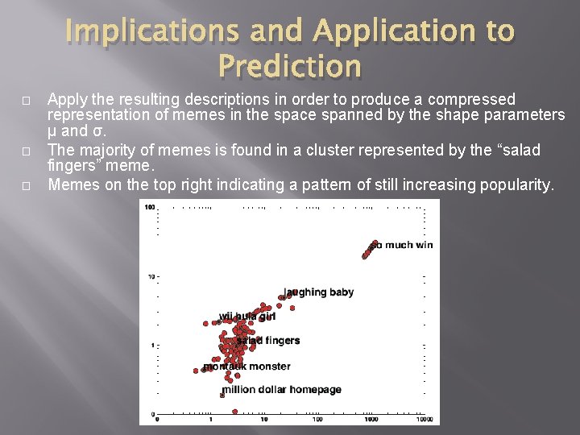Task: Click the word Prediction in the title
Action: coord(289,66)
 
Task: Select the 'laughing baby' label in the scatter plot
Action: coord(319,292)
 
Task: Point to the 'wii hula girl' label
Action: coord(246,317)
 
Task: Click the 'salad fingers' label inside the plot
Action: coord(268,341)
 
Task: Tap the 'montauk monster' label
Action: coord(246,367)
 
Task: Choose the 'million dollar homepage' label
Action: coord(282,390)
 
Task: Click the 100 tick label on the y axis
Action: coord(149,207)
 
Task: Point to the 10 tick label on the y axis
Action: coord(151,276)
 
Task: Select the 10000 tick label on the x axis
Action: coord(424,420)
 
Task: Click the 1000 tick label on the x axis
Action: coord(371,420)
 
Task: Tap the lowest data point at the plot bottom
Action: coord(234,412)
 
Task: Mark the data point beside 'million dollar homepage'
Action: coord(222,395)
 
